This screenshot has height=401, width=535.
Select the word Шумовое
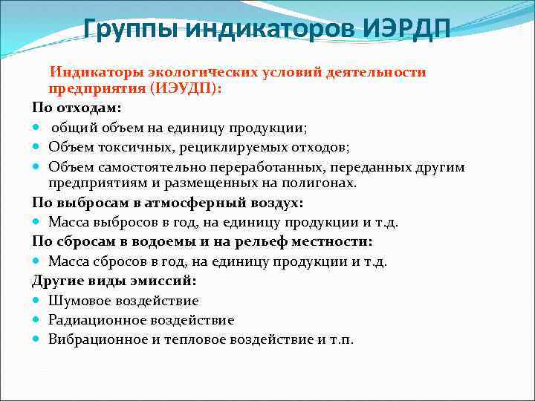click(79, 301)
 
